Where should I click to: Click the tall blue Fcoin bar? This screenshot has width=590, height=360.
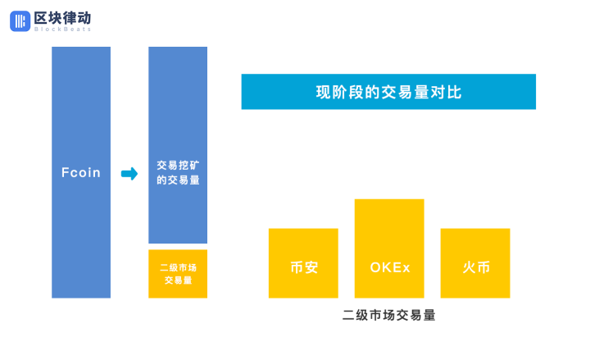pos(81,172)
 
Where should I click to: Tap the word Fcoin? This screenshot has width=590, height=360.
pos(81,172)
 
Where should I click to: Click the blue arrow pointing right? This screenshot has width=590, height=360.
pos(129,174)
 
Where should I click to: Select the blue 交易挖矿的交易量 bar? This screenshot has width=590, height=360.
pos(178,145)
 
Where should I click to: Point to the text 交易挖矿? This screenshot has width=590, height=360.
pos(178,166)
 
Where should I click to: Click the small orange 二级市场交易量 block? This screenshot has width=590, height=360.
pos(178,274)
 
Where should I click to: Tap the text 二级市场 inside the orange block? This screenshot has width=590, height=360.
pos(178,267)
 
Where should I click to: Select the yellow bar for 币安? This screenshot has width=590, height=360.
pos(303,263)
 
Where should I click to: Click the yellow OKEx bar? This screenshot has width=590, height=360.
pos(389,248)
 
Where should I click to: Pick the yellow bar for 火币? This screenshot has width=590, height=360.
pos(475,263)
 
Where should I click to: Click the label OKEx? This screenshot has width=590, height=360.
pos(390,267)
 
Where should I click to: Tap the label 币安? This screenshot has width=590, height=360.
pos(304,267)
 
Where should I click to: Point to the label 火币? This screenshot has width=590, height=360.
pos(476,267)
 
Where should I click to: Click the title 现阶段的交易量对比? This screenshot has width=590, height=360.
pos(388,93)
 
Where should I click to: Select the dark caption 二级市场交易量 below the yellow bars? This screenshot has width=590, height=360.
pos(388,315)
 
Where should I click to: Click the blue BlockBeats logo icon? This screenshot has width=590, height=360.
pos(20,21)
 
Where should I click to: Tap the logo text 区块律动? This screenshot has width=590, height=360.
pos(62,18)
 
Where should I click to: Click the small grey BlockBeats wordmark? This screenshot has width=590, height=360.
pos(62,30)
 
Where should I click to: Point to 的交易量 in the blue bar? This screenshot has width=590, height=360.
pos(178,180)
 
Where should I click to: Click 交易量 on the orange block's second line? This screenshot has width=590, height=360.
pos(178,280)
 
